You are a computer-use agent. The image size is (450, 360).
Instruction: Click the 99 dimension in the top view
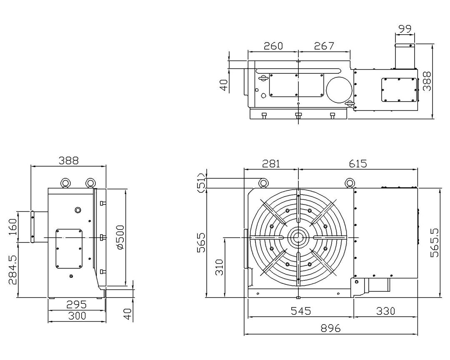[x=405, y=29]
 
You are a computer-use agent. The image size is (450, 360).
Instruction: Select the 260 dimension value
[x=273, y=46]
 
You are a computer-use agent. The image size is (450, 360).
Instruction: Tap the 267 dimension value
[x=324, y=46]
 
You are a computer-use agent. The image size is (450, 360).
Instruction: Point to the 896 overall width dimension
[x=330, y=328]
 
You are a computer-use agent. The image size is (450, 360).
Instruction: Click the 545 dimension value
[x=301, y=311]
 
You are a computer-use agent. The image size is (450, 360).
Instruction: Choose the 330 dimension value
[x=385, y=311]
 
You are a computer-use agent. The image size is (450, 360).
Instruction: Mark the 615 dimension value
[x=358, y=164]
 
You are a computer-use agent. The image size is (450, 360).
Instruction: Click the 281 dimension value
[x=271, y=164]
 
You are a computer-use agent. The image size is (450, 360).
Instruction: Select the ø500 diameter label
[x=120, y=237]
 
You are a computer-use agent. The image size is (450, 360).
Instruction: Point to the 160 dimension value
[x=12, y=227]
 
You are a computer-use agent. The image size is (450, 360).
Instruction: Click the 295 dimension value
[x=76, y=304]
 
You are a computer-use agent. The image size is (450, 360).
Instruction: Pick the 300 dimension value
[x=77, y=316]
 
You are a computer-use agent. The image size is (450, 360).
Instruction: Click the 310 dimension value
[x=219, y=267]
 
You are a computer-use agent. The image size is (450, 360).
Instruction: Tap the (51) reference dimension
[x=202, y=183]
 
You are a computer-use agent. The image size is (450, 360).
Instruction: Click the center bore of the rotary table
[x=298, y=237]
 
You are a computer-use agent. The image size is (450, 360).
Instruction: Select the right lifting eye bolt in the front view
[x=349, y=183]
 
